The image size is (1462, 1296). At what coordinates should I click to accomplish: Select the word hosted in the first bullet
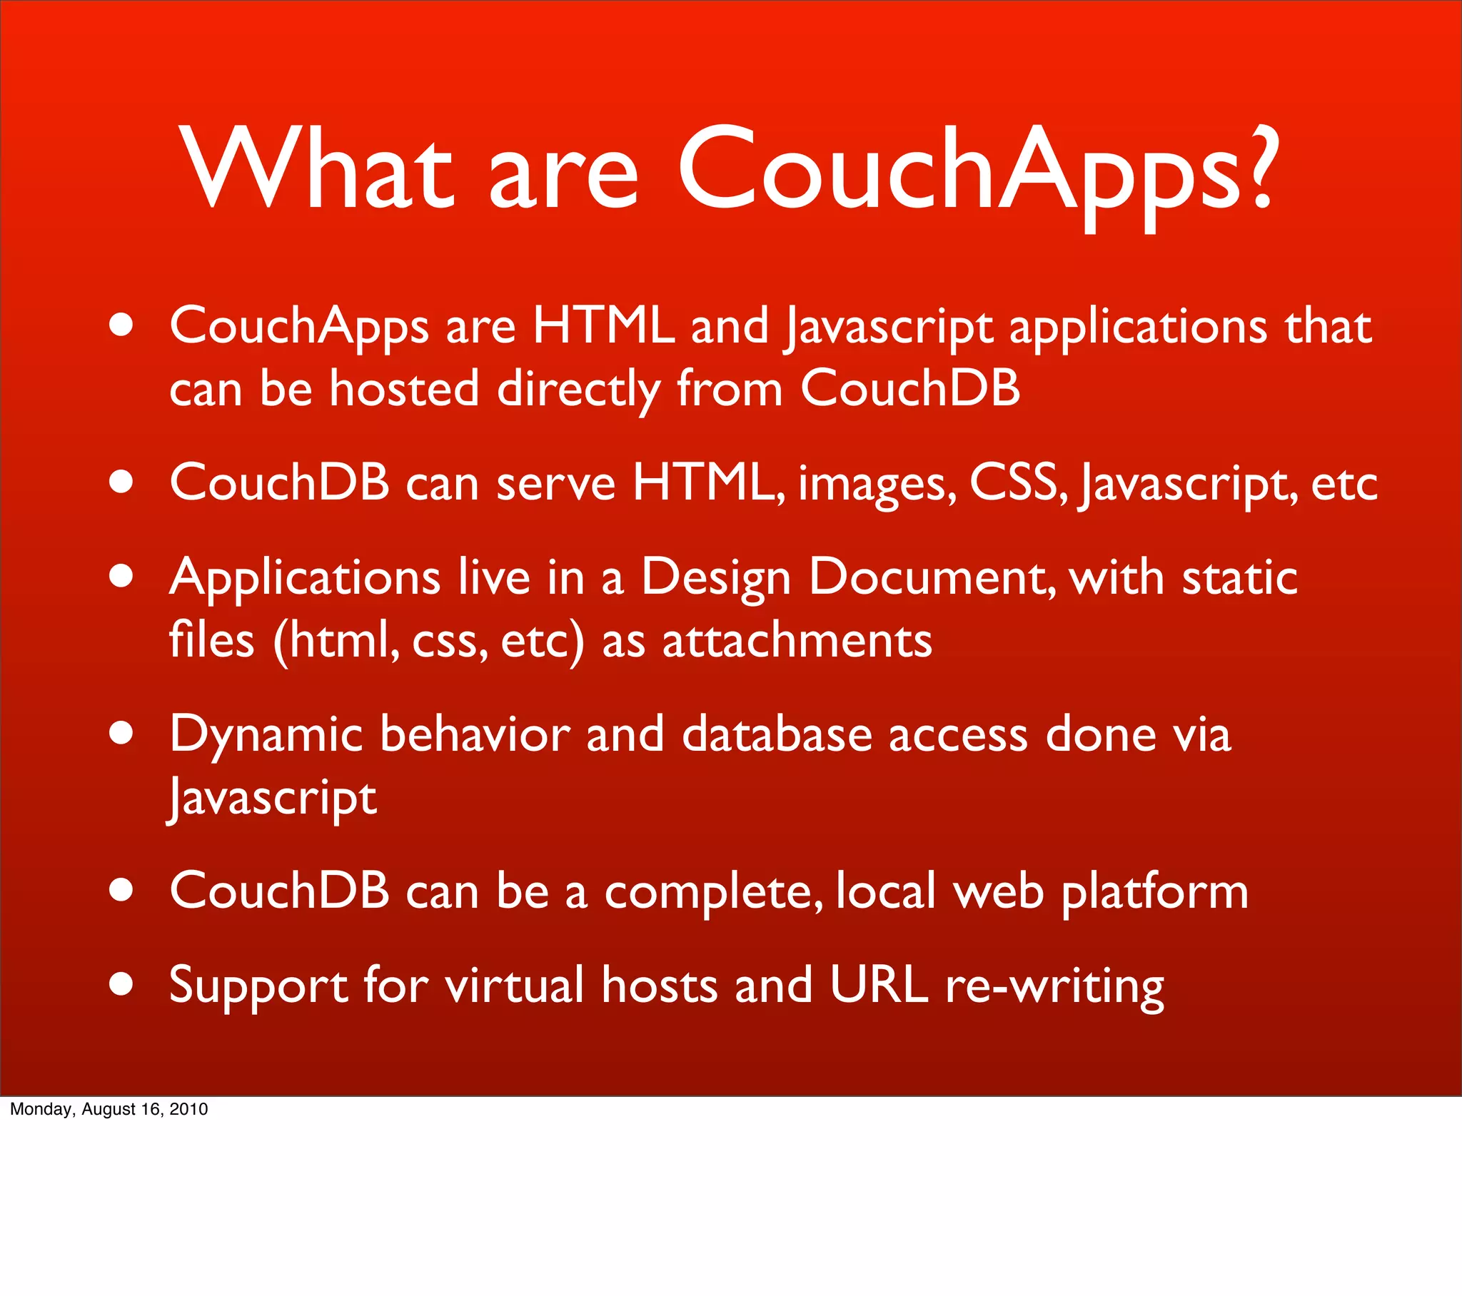pos(403,390)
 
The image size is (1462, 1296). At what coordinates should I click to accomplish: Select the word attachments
pos(797,641)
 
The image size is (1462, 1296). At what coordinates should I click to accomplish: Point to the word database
pos(777,734)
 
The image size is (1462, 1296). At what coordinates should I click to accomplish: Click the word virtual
pos(514,986)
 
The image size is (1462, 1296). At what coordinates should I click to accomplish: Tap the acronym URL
pos(878,986)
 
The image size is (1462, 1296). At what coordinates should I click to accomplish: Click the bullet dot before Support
pos(121,983)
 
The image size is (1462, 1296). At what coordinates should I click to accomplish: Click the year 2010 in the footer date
pos(189,1109)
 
